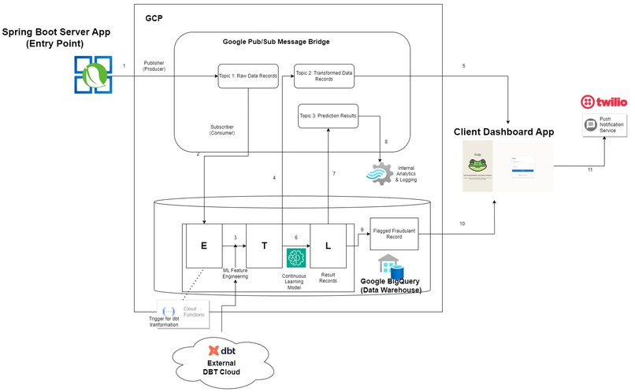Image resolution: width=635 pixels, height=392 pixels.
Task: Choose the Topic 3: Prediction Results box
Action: tap(328, 116)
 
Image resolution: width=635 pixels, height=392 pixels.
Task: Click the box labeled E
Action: tap(204, 246)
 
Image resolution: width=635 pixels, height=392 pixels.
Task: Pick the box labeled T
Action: tap(266, 246)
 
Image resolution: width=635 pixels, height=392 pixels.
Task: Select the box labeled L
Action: tap(328, 246)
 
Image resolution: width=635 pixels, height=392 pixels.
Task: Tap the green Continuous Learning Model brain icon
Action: tap(295, 258)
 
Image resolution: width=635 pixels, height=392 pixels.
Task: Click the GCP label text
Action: tap(154, 17)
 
